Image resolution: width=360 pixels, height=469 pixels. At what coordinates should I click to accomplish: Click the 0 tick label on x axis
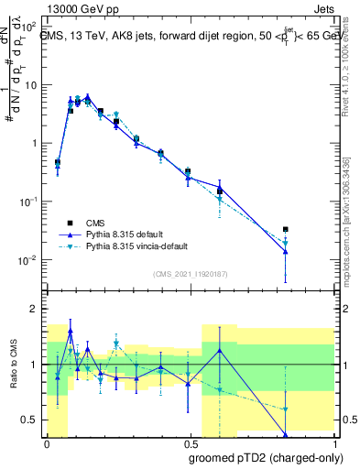(x=47, y=442)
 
